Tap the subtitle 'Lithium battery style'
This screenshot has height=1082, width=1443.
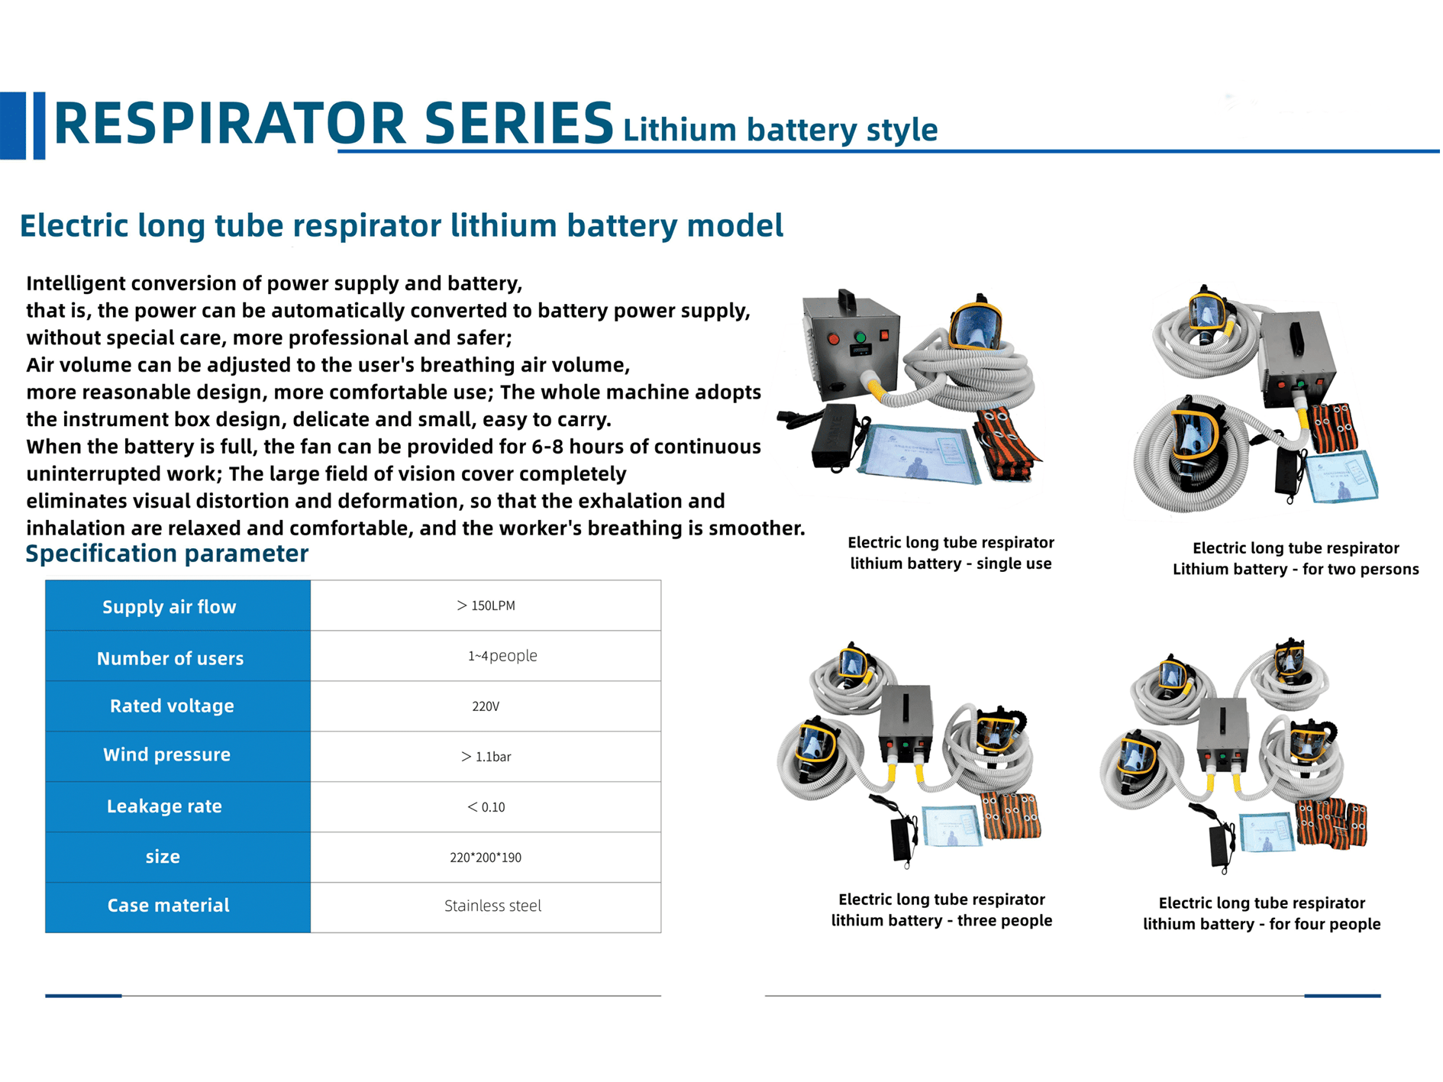[780, 130]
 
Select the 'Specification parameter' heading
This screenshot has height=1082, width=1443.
[167, 554]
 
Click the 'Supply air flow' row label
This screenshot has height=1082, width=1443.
[169, 607]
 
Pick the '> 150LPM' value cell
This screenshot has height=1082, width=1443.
[486, 606]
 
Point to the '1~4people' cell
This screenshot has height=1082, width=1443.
[502, 656]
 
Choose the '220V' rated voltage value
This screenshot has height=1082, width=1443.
[486, 706]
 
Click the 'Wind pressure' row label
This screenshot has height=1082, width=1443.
[166, 754]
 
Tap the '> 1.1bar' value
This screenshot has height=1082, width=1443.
[486, 757]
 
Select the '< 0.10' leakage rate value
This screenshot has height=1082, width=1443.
[486, 807]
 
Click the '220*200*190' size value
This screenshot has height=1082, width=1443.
[486, 858]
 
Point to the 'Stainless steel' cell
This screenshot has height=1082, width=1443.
[493, 906]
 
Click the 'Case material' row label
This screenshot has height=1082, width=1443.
[168, 906]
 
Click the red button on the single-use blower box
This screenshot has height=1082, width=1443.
[834, 339]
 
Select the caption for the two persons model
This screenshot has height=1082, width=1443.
[1296, 558]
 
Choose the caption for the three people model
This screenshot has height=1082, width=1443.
[941, 910]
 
